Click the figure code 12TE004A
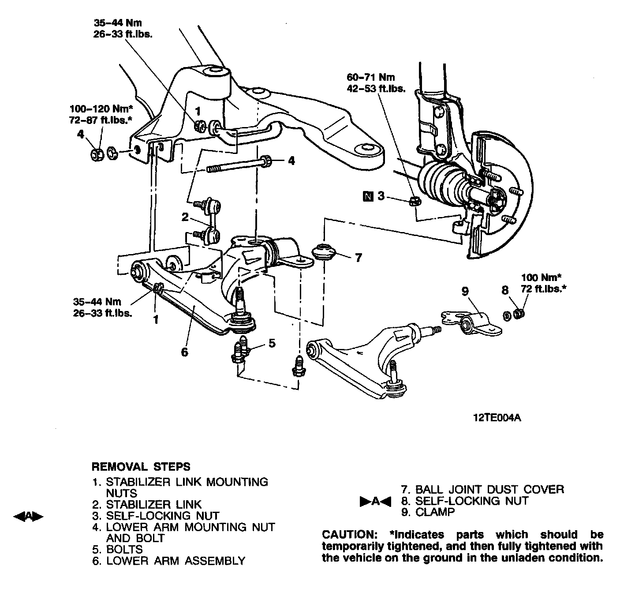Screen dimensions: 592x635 click(497, 417)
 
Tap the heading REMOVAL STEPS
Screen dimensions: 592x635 click(141, 466)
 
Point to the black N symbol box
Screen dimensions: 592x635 click(367, 196)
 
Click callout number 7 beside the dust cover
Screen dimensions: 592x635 click(358, 257)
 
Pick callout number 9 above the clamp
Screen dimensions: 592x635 click(465, 291)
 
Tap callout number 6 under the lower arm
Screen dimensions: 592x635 click(184, 352)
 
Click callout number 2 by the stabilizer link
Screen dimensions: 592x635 click(185, 217)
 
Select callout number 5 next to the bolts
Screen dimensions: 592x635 click(272, 342)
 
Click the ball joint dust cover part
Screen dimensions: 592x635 click(324, 253)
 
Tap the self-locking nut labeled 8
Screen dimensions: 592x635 click(519, 314)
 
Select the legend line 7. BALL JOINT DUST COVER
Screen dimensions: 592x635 click(482, 489)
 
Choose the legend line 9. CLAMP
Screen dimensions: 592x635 click(427, 512)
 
